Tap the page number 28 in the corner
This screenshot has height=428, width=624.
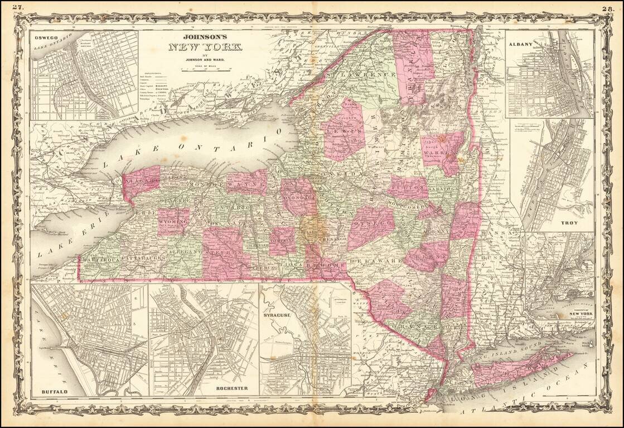pos(608,8)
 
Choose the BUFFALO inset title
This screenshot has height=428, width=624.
pos(54,392)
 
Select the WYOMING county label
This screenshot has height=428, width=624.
pos(173,222)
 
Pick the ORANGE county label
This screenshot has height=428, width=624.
pos(406,325)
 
